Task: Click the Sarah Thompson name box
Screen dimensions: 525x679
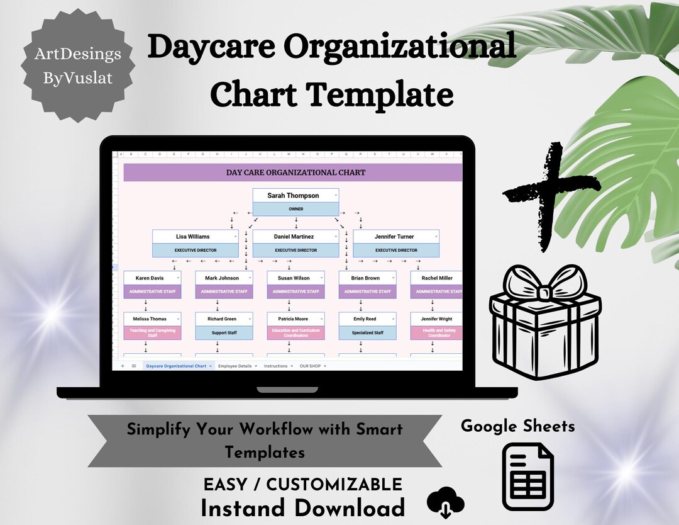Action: (293, 196)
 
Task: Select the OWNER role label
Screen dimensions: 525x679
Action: (295, 209)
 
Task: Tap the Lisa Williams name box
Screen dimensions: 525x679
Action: (192, 237)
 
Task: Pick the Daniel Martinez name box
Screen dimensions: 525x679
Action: (293, 237)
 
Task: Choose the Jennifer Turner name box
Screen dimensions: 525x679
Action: (394, 237)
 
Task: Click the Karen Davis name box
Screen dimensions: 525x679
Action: (150, 278)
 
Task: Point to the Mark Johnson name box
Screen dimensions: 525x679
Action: (221, 278)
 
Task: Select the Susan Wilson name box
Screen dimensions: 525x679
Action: (293, 278)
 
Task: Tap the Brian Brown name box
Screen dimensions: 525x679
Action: (365, 278)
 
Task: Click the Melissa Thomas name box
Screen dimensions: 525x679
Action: (150, 319)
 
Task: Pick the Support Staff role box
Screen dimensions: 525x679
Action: (224, 332)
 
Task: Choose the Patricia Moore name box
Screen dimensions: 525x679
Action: (293, 319)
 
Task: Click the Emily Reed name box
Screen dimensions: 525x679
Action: (365, 319)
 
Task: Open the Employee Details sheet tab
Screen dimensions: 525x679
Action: (236, 366)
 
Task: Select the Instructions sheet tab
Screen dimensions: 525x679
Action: (276, 366)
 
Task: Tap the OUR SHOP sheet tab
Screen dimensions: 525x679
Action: (311, 366)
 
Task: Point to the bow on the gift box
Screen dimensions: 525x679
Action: (544, 290)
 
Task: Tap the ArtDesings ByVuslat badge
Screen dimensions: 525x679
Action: (78, 65)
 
